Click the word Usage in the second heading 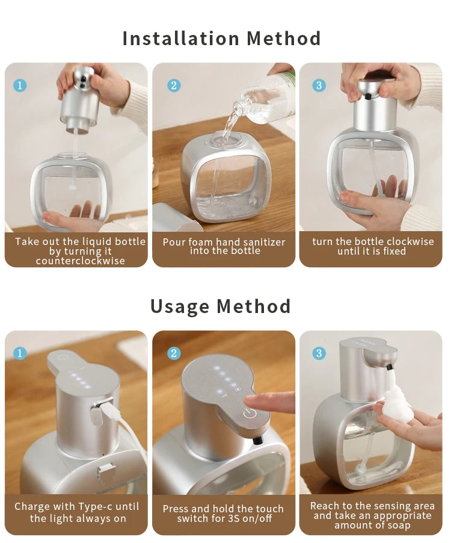coord(179,306)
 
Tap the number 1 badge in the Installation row coord(20,85)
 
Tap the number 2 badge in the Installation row coord(174,85)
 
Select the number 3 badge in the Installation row coord(319,85)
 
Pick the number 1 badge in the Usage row coord(20,353)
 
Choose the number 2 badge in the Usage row coord(174,353)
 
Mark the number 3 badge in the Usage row coord(319,353)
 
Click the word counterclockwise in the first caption coord(80,261)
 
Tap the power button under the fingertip coord(250,414)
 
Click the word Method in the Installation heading coord(284,39)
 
